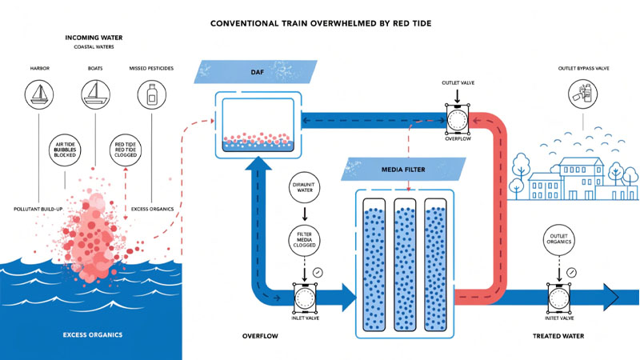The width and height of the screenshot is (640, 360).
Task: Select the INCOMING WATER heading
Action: point(94,38)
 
